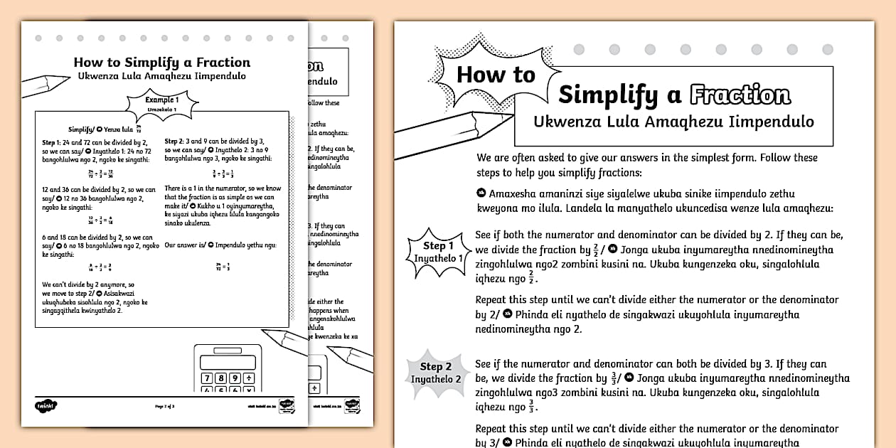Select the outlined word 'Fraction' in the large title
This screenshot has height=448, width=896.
pos(740,95)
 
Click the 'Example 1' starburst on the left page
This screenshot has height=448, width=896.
pos(161,104)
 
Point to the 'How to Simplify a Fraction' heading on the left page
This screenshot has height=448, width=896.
pos(161,63)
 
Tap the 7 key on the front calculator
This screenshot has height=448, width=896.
pos(208,378)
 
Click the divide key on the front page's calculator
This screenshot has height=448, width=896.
pos(250,378)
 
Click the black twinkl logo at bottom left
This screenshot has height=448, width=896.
pos(46,406)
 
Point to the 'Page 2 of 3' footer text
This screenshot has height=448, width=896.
pos(164,406)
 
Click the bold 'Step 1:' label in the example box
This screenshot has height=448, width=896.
pos(52,142)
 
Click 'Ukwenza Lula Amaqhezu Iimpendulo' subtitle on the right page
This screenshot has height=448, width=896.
pos(673,122)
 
